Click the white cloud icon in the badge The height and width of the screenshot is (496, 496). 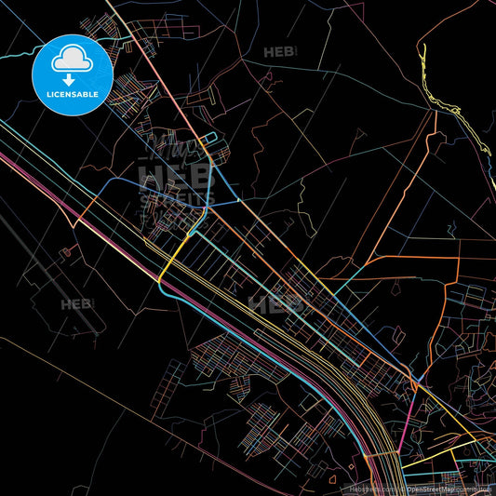[73, 60]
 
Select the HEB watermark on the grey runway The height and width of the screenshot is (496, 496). [77, 303]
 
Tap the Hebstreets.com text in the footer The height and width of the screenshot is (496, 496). [367, 489]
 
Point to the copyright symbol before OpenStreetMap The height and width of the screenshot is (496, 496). [401, 489]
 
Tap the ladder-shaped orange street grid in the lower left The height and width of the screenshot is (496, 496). [171, 382]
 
